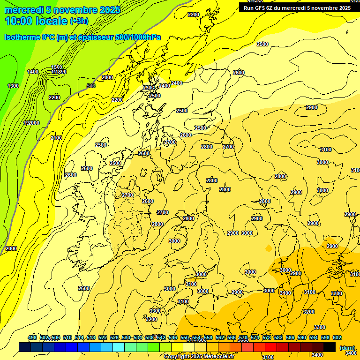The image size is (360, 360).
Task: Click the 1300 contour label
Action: [x=13, y=86]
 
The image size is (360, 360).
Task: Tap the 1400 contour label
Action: [x=33, y=72]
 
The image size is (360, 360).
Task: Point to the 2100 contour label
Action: [x=56, y=138]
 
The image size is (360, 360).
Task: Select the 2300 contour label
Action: [x=149, y=88]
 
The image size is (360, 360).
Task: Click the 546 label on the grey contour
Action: [x=91, y=86]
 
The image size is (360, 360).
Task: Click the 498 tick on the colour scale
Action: [x=32, y=337]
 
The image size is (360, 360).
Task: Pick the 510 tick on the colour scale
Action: [x=67, y=337]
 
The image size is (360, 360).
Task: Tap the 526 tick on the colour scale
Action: [x=114, y=337]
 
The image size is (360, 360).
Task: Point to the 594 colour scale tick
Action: [x=314, y=337]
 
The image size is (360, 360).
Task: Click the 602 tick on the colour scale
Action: [x=337, y=337]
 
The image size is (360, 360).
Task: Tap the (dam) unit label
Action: [x=347, y=348]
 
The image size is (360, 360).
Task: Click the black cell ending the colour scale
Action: [x=330, y=347]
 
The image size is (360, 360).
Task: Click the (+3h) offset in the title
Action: [x=79, y=21]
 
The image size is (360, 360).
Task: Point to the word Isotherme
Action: [x=22, y=37]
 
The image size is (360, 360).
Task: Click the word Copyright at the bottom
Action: [x=178, y=357]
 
